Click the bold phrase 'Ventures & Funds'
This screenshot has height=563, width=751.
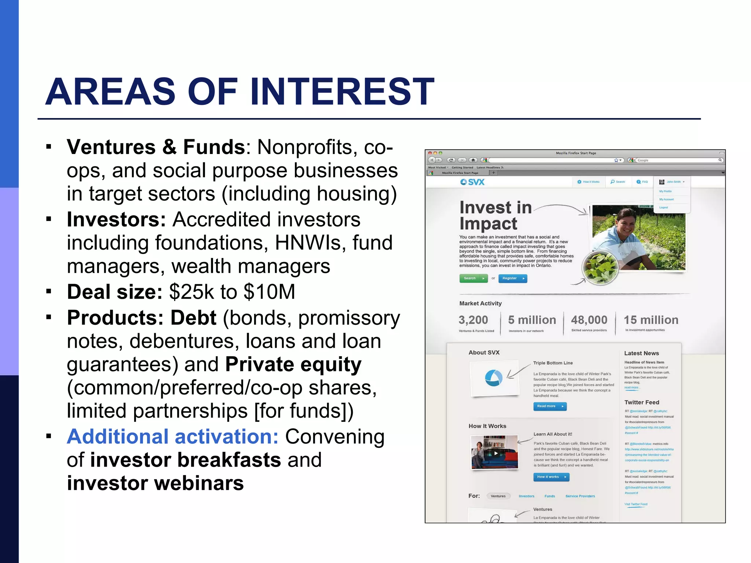point(156,147)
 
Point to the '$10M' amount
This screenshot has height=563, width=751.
point(269,292)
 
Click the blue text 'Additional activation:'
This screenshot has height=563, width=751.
point(173,437)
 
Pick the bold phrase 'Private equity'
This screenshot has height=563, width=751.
point(293,364)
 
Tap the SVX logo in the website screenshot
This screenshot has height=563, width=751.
point(473,182)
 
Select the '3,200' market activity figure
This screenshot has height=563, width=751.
point(473,320)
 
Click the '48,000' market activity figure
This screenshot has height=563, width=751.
point(589,320)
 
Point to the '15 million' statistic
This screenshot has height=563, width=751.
point(651,320)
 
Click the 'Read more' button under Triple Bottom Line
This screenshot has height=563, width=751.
point(549,406)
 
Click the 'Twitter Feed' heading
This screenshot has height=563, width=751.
point(642,402)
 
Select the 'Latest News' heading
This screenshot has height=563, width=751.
point(641,353)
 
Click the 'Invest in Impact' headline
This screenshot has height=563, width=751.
point(495,216)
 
